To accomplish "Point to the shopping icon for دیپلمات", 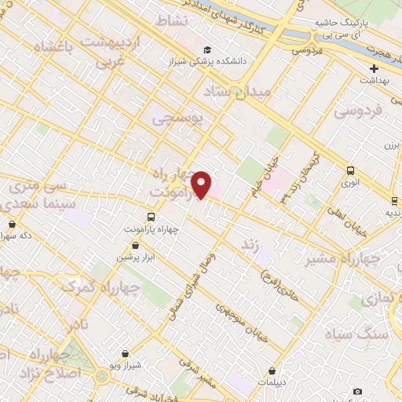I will [x=272, y=371].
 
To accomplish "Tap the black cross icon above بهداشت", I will [x=375, y=68].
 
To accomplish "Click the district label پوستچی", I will [x=177, y=119].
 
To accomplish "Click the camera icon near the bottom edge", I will [x=358, y=391].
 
